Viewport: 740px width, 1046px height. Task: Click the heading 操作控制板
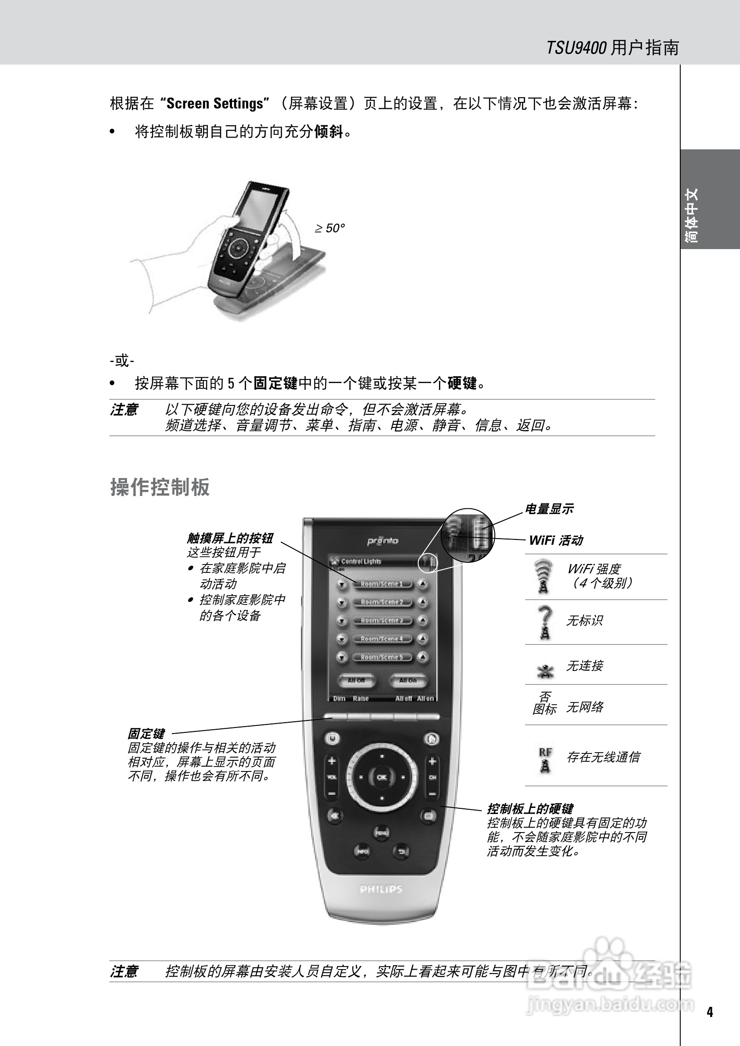click(160, 487)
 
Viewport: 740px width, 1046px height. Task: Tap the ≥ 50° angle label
click(330, 228)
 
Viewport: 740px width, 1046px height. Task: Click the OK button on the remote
click(382, 777)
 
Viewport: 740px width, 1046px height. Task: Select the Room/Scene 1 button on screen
click(382, 584)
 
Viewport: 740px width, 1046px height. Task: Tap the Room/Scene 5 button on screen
click(382, 657)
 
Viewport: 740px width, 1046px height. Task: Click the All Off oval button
click(356, 680)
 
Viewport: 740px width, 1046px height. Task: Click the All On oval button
click(408, 680)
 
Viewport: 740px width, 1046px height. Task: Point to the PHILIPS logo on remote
click(381, 889)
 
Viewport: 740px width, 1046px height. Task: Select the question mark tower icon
click(544, 623)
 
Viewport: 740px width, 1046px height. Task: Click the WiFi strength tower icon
click(543, 576)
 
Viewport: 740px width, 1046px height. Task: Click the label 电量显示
click(549, 509)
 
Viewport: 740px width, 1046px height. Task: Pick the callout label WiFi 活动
click(556, 540)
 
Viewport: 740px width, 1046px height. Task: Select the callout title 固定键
click(146, 734)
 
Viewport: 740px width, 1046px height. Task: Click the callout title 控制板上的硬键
click(530, 809)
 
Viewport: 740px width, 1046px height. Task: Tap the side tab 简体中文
click(692, 215)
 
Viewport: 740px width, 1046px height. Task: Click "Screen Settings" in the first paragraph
click(214, 103)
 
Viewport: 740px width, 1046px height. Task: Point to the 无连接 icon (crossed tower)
click(544, 670)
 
